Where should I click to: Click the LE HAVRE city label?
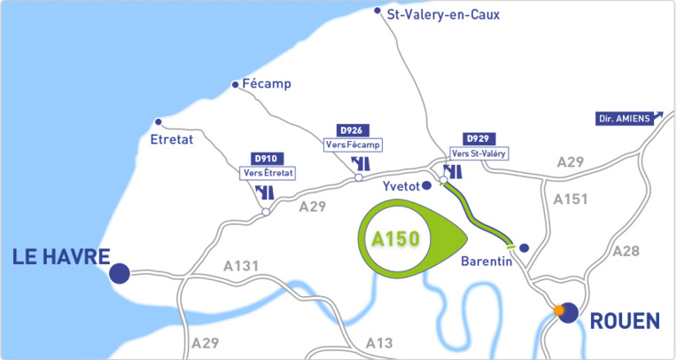60,257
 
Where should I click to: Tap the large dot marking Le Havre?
120,273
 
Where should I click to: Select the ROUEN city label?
625,319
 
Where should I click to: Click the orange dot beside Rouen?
558,310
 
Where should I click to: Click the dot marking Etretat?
159,122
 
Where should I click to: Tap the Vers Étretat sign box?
268,173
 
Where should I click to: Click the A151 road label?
571,200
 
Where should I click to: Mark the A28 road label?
626,252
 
